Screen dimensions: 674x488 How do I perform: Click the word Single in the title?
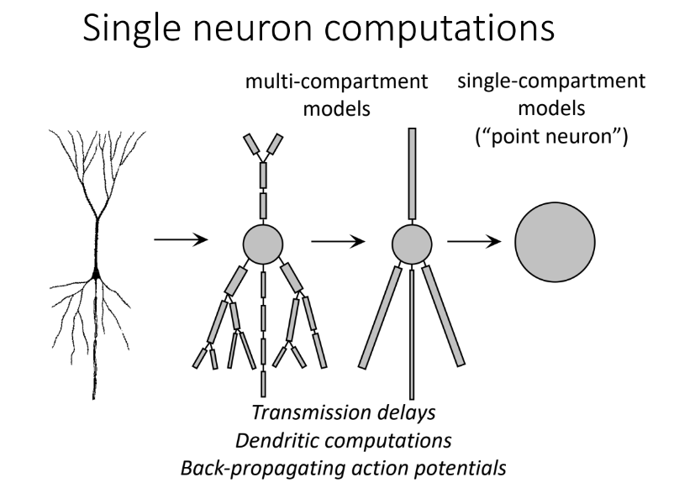tap(132, 28)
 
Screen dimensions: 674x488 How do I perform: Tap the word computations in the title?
tap(439, 29)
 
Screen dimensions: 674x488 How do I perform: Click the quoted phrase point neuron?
tap(552, 136)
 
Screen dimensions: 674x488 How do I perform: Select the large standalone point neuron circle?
tap(555, 242)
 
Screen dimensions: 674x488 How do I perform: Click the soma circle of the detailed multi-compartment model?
tap(263, 244)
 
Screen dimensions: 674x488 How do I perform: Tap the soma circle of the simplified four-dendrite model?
tap(412, 244)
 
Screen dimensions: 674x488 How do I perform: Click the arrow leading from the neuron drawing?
tap(181, 239)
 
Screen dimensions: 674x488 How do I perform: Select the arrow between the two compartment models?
tap(338, 241)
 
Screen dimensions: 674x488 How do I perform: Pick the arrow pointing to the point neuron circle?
tap(474, 241)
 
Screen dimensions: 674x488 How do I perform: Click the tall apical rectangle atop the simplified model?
tap(412, 174)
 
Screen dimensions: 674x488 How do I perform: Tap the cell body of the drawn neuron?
tap(97, 273)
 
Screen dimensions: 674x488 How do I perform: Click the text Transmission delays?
tap(344, 412)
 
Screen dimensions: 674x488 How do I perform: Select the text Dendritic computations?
tap(344, 441)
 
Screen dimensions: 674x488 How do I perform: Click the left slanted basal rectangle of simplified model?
tap(380, 317)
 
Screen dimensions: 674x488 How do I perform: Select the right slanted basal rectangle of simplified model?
tap(443, 316)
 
